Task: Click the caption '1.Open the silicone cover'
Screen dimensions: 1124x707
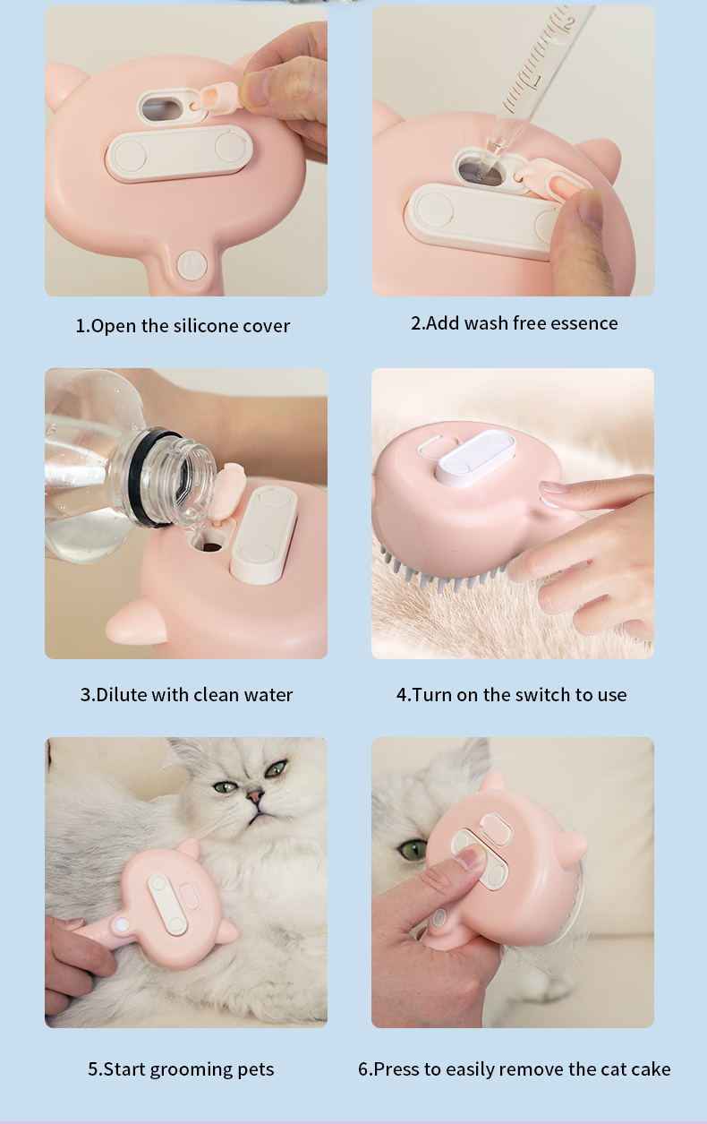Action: tap(183, 326)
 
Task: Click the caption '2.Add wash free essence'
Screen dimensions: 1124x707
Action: tap(514, 323)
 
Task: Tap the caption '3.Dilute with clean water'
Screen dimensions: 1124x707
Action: tap(186, 695)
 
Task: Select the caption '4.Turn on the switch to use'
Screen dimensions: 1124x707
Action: tap(511, 695)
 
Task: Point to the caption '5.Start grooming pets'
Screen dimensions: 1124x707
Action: tap(181, 1069)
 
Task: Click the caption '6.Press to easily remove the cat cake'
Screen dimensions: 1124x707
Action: tap(514, 1069)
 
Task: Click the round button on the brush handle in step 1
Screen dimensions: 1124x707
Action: tap(192, 264)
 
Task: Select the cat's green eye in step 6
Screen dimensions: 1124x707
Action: tap(412, 849)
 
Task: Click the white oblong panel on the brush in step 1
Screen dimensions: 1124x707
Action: tap(175, 152)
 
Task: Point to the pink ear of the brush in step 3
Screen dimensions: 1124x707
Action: tap(136, 621)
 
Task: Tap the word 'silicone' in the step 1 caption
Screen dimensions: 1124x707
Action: tap(206, 326)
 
